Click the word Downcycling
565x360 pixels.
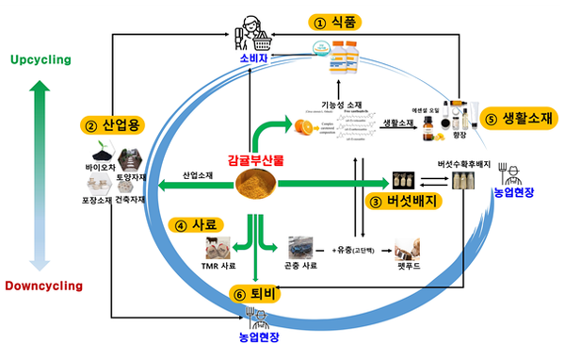click(x=41, y=285)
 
